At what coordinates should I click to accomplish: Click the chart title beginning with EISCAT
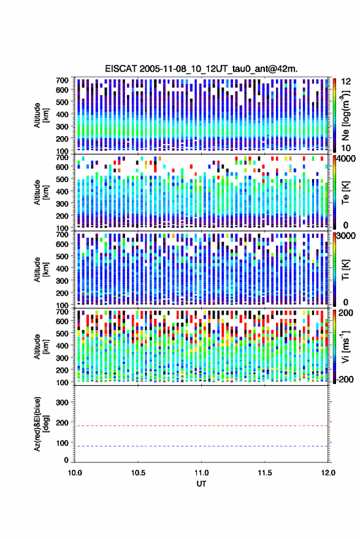click(x=201, y=69)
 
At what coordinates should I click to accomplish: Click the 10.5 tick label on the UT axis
click(x=138, y=473)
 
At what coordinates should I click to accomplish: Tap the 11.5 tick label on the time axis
click(x=264, y=473)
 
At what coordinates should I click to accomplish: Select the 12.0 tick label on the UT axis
click(x=328, y=473)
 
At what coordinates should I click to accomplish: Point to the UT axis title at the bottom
click(x=201, y=484)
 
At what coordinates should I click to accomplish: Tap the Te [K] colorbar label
click(x=345, y=193)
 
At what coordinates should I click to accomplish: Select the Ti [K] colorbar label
click(x=345, y=270)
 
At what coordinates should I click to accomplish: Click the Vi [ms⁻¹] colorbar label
click(x=345, y=346)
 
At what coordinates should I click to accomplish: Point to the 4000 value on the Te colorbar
click(x=347, y=159)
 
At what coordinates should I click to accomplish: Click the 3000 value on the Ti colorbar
click(x=347, y=236)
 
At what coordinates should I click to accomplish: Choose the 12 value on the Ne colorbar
click(x=347, y=82)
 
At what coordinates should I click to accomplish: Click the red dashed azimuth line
click(x=201, y=426)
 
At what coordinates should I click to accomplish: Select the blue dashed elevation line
click(x=201, y=446)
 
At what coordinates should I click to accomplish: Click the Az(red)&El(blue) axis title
click(x=41, y=424)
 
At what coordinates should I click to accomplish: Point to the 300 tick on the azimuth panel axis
click(x=62, y=402)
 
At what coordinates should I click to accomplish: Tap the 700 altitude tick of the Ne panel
click(x=62, y=80)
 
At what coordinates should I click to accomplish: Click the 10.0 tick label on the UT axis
click(x=75, y=473)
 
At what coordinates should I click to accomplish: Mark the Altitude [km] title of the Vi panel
click(x=41, y=346)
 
